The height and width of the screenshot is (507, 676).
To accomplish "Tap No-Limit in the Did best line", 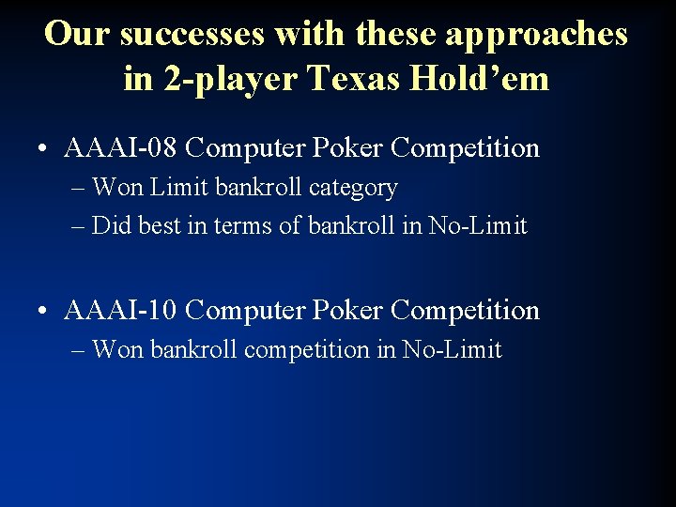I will [x=478, y=226].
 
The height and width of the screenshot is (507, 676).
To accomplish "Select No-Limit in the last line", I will [x=453, y=350].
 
